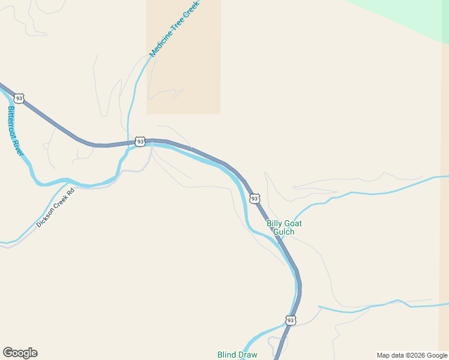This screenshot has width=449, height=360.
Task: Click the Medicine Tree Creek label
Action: (174, 28)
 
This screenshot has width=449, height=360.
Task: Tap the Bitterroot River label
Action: (15, 131)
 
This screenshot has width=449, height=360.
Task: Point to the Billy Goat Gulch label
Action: (284, 227)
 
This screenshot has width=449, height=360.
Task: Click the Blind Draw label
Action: (237, 355)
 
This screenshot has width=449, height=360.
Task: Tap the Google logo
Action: (20, 353)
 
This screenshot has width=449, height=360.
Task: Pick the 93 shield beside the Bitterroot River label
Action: (20, 98)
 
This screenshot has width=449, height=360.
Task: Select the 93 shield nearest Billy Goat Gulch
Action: (255, 198)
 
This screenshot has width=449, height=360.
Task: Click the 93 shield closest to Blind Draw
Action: (291, 320)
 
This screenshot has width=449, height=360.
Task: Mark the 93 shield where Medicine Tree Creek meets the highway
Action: (140, 142)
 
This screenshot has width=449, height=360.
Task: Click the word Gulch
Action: (284, 232)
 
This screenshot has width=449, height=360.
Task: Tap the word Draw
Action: (248, 355)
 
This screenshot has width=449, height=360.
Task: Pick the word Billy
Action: (275, 223)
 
